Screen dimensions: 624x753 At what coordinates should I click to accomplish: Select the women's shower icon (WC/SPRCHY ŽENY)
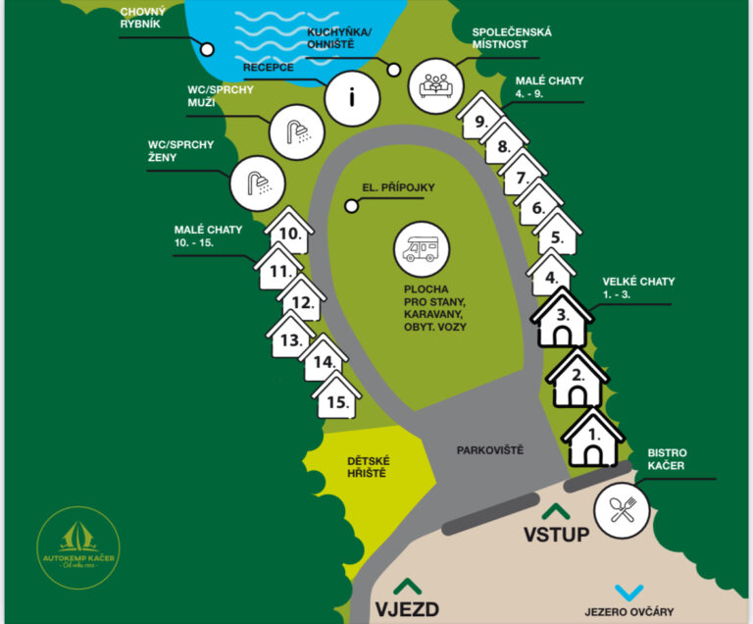257,182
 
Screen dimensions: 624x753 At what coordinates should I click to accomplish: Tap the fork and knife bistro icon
624,509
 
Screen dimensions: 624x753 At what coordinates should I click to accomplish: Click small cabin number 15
337,400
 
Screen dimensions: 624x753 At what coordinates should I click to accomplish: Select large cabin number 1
592,440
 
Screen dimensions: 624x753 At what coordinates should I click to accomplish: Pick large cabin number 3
562,318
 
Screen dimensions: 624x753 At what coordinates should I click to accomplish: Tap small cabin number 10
289,234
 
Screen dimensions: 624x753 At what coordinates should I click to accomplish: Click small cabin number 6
537,208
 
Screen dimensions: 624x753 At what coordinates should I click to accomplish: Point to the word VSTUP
556,535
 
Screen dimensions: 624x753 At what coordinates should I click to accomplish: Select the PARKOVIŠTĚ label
490,450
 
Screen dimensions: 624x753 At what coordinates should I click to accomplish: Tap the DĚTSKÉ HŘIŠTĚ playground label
368,466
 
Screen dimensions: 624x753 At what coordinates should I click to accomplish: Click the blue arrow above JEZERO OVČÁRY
627,592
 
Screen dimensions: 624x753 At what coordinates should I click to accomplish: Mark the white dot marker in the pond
207,48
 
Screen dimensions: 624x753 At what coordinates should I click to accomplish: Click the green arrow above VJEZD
407,585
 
